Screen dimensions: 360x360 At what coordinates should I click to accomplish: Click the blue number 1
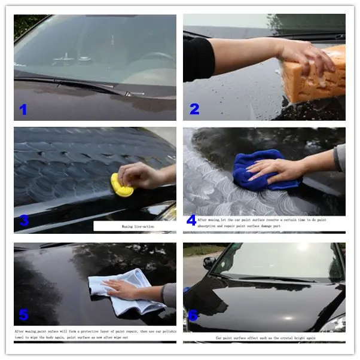tap(23, 109)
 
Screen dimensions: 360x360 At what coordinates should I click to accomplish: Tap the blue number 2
tap(194, 109)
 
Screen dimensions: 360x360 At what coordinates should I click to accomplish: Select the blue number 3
tap(24, 220)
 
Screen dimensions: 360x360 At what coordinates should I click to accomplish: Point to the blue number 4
tap(191, 220)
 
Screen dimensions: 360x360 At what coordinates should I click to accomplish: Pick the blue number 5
tap(23, 315)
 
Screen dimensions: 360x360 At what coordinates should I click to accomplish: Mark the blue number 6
tap(193, 315)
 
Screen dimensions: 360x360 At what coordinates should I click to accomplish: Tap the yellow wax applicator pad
tap(121, 186)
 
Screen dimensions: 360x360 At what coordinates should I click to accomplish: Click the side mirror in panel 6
tap(209, 262)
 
